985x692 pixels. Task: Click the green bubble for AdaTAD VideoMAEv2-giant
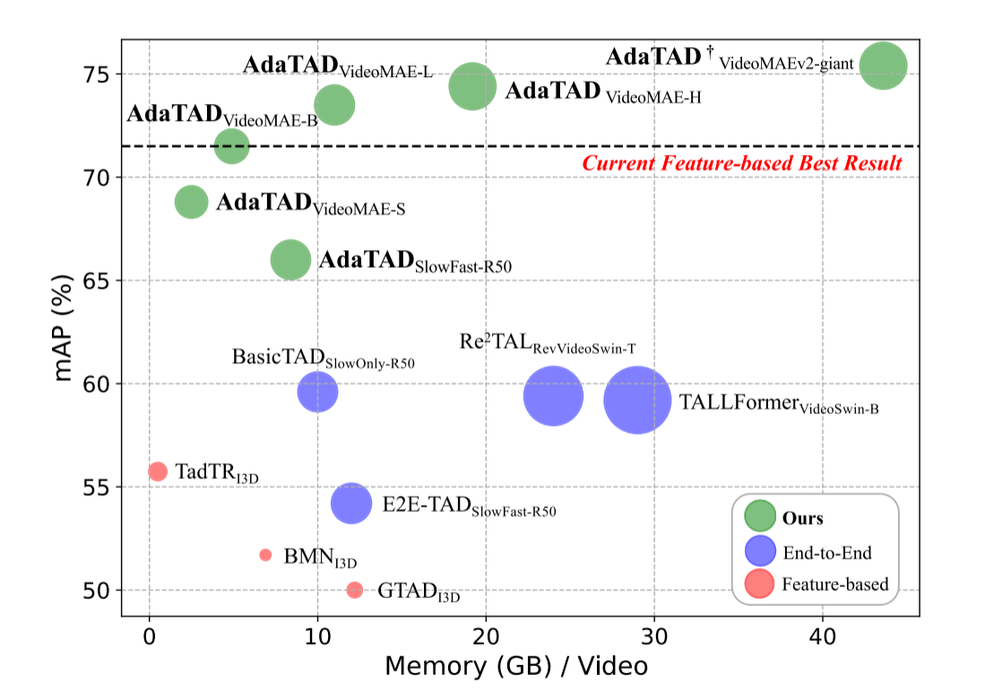(884, 65)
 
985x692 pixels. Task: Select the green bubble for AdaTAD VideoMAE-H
(472, 86)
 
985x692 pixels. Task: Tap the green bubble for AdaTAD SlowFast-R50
(290, 260)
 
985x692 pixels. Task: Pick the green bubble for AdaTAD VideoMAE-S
(191, 202)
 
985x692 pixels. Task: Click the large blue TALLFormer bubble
(637, 400)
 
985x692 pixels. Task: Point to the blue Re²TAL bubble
(554, 395)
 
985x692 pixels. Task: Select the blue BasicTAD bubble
(317, 392)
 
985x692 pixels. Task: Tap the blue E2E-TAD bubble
(351, 503)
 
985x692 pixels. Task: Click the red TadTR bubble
(158, 471)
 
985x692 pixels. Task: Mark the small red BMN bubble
(265, 555)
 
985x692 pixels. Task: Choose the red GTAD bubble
(355, 589)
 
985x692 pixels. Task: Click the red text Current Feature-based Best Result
(742, 163)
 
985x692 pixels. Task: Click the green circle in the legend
(760, 518)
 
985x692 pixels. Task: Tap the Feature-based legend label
(835, 584)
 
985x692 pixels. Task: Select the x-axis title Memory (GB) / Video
(516, 666)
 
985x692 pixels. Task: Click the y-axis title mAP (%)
(64, 327)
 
